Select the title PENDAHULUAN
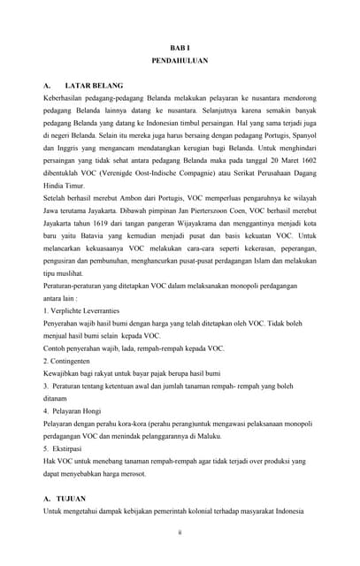(x=180, y=64)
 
